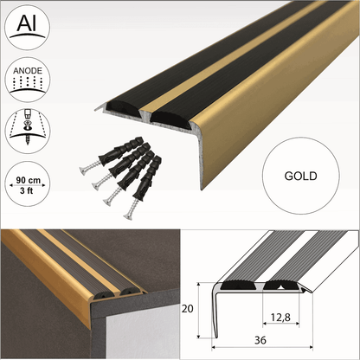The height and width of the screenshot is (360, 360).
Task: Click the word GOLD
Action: click(x=299, y=176)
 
